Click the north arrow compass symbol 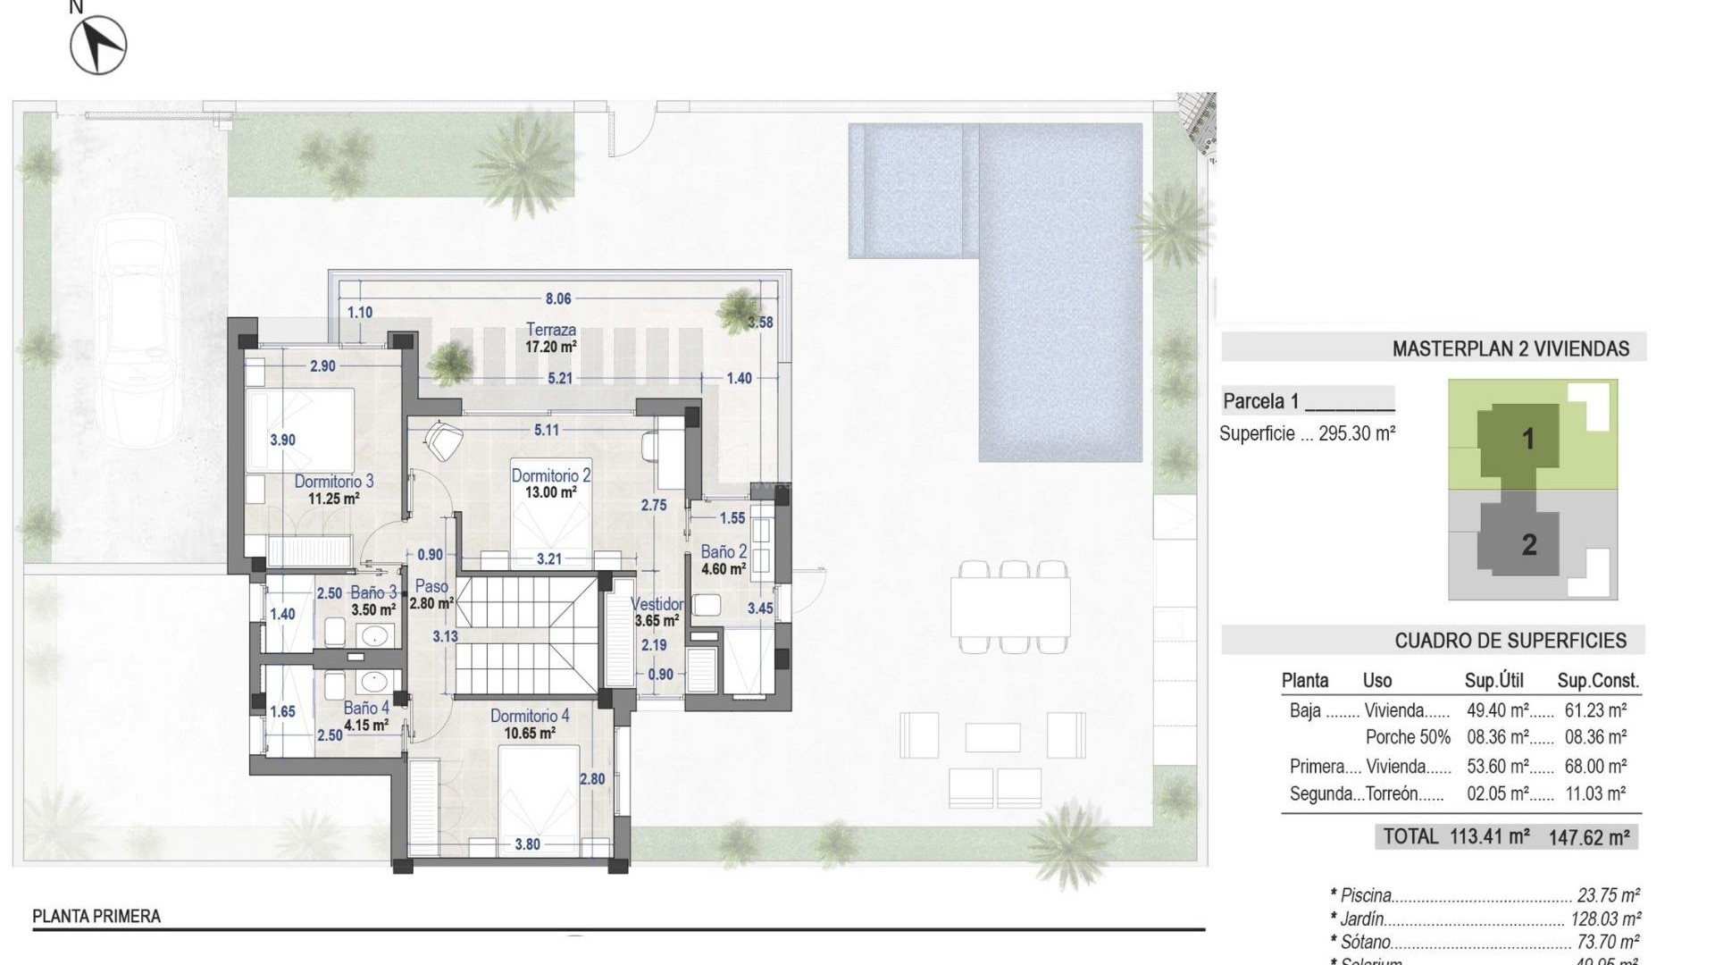click(98, 45)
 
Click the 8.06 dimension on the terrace click(558, 299)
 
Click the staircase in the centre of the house click(527, 636)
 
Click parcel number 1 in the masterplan click(1528, 439)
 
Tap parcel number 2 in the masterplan click(1529, 544)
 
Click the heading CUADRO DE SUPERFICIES click(1510, 641)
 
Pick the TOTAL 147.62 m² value click(1589, 837)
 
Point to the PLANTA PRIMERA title click(96, 916)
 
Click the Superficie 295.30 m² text click(1308, 434)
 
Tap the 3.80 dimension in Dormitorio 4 click(527, 843)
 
